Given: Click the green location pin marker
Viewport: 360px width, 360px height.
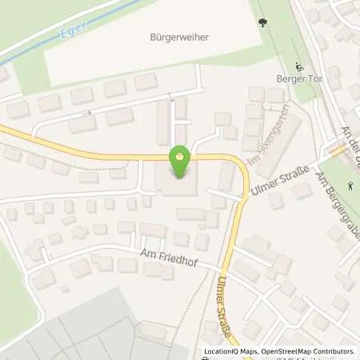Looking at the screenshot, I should pos(180,162).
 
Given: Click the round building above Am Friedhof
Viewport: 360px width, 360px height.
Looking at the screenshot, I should pos(79,232).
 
